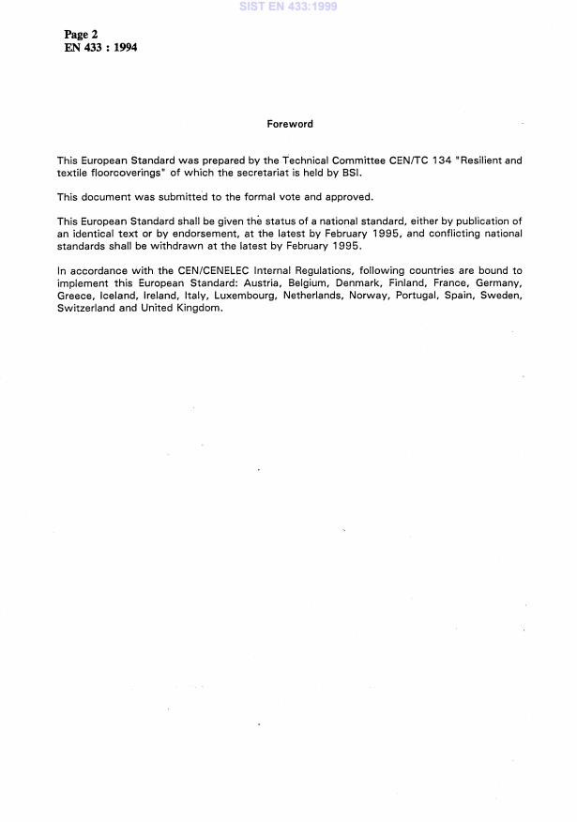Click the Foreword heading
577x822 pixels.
pyautogui.click(x=290, y=124)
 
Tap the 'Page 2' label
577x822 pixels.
pyautogui.click(x=81, y=35)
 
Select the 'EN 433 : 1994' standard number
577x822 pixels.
pyautogui.click(x=100, y=48)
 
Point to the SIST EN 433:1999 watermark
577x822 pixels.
pyautogui.click(x=288, y=7)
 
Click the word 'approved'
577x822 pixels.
pyautogui.click(x=349, y=197)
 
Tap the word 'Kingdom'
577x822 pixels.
pyautogui.click(x=196, y=307)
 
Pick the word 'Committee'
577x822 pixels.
pyautogui.click(x=344, y=160)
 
